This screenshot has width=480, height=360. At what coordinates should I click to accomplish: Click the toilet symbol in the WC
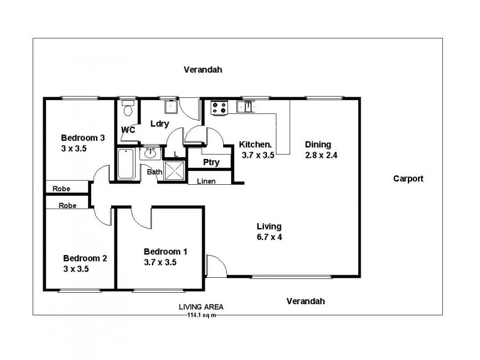[x=127, y=109]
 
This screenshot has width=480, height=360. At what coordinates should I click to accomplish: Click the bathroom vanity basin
[x=149, y=154]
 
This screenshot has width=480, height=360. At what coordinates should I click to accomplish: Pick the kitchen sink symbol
[x=246, y=107]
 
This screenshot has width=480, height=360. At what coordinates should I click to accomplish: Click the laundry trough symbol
[x=170, y=107]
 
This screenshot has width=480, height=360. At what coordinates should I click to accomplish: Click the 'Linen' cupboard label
[x=206, y=181]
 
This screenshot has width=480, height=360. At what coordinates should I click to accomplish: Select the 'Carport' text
[x=408, y=178]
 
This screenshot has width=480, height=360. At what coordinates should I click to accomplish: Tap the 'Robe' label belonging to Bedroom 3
[x=61, y=188]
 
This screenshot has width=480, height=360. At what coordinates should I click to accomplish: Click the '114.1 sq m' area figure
[x=202, y=314]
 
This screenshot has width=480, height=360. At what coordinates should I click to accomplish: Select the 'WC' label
[x=128, y=130]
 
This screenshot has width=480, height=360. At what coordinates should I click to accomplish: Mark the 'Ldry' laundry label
[x=159, y=124]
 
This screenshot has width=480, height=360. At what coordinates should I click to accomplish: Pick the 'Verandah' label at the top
[x=203, y=70]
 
